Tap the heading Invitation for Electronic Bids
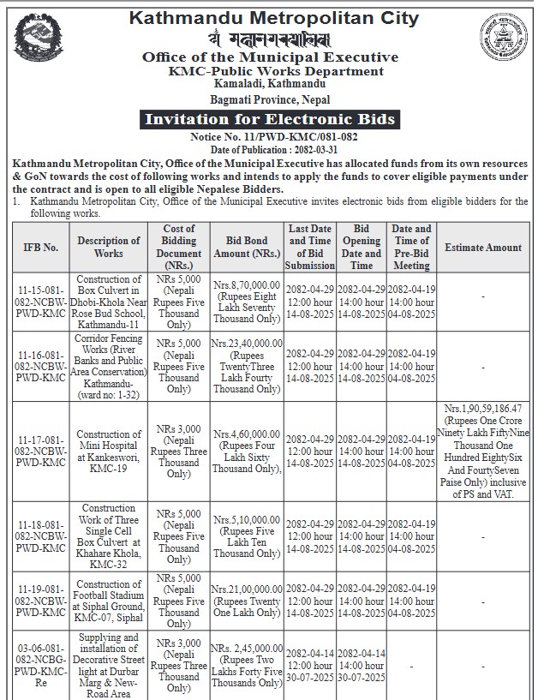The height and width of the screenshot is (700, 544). coord(271,119)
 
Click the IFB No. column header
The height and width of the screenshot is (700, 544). coord(40,248)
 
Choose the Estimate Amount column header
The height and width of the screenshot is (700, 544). coord(483,248)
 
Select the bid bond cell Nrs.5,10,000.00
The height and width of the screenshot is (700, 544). coord(246,535)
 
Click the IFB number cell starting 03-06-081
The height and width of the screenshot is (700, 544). coord(40,665)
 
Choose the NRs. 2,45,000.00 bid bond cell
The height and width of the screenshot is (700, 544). coord(246,665)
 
